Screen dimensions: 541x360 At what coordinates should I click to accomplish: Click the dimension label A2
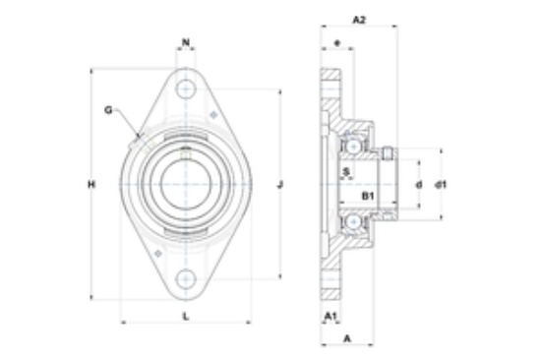pos(359,20)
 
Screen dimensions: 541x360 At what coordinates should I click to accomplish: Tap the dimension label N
pos(186,42)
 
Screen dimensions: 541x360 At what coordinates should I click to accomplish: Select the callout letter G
pos(108,110)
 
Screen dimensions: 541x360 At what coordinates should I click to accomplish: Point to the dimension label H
pos(91,185)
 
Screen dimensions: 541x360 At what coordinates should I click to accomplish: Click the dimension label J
pos(280,185)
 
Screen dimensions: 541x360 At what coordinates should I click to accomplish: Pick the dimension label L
pos(186,316)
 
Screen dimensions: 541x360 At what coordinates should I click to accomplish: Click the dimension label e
pos(337,43)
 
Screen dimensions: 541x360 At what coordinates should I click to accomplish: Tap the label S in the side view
pos(347,171)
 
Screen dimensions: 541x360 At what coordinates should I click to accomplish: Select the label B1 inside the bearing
pos(368,196)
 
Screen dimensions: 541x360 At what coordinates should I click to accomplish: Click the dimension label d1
pos(441,185)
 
